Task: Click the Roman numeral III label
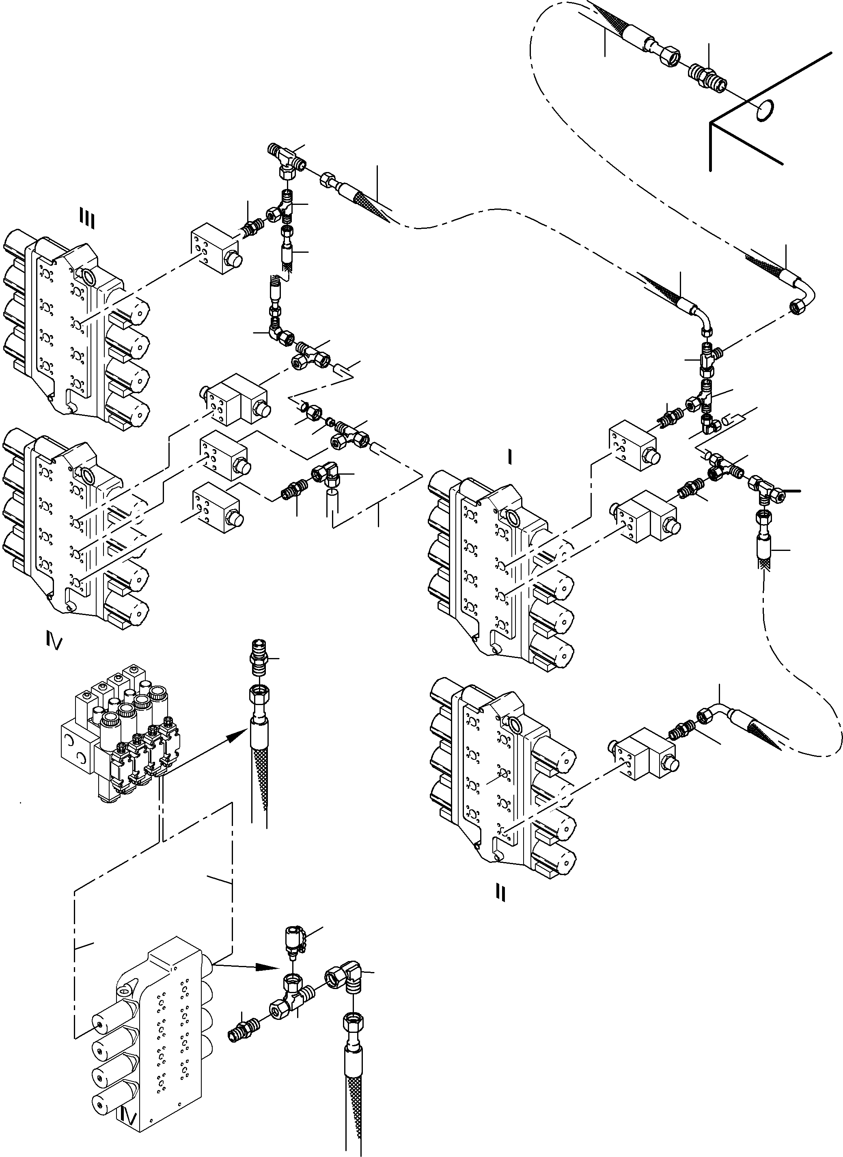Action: click(87, 218)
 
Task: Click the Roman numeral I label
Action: click(509, 458)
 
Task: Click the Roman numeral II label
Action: click(500, 892)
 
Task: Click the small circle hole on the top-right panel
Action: click(764, 111)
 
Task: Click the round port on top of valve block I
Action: click(512, 517)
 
